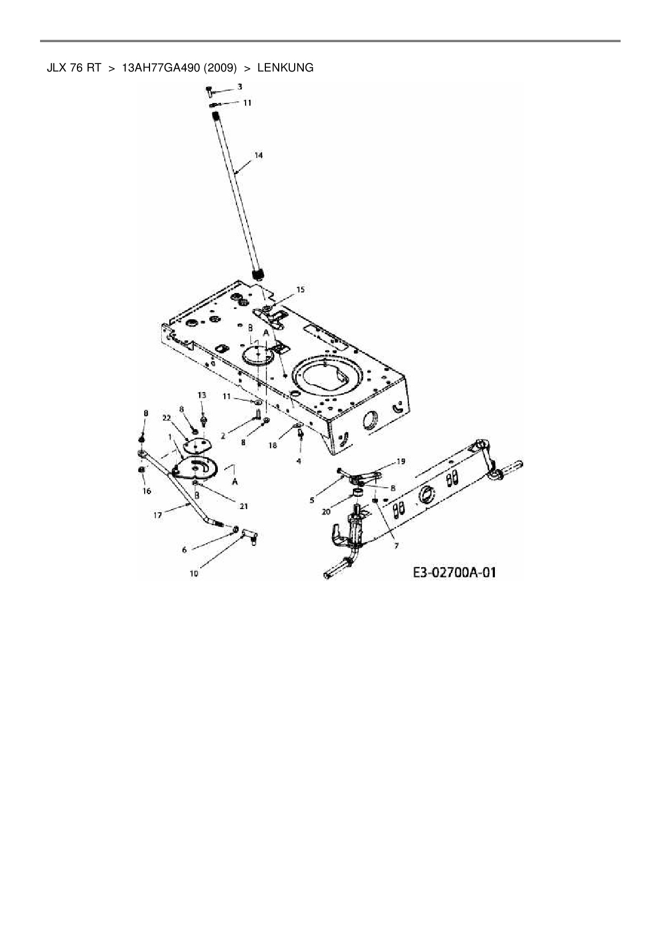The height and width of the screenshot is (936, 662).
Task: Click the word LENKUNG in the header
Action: (x=285, y=68)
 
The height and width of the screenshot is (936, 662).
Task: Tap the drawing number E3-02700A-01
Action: (x=454, y=573)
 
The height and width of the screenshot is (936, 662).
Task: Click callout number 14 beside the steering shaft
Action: (x=258, y=155)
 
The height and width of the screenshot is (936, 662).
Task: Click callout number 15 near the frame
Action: (x=301, y=289)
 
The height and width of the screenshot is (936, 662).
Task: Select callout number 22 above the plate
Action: (x=167, y=417)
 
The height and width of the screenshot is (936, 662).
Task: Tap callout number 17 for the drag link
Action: (x=158, y=515)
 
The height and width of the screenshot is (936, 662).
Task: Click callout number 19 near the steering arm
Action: (x=400, y=461)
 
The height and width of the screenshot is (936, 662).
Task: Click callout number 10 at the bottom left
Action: (x=194, y=574)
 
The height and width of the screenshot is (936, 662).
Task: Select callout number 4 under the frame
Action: (x=299, y=461)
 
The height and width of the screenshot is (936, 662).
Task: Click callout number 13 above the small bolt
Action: (x=202, y=395)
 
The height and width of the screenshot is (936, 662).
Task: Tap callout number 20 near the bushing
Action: (x=326, y=511)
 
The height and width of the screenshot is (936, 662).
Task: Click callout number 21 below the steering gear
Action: (x=243, y=506)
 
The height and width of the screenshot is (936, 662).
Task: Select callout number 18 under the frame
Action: (x=273, y=445)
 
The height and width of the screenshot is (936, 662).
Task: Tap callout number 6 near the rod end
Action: (x=185, y=550)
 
